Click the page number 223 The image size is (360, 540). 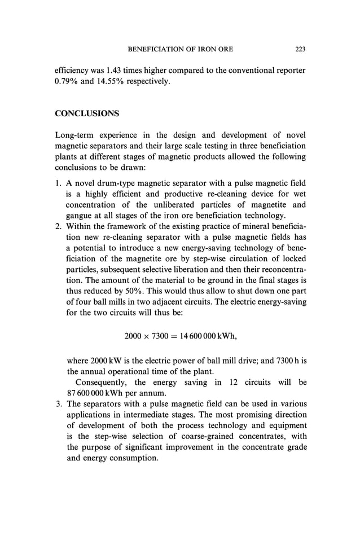tap(300, 50)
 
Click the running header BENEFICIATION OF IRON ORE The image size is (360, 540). tap(181, 50)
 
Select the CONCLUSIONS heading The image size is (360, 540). tap(87, 113)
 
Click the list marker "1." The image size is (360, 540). tap(58, 183)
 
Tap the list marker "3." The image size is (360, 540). tap(58, 403)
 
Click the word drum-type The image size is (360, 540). tap(117, 183)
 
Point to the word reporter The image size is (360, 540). tap(288, 71)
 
